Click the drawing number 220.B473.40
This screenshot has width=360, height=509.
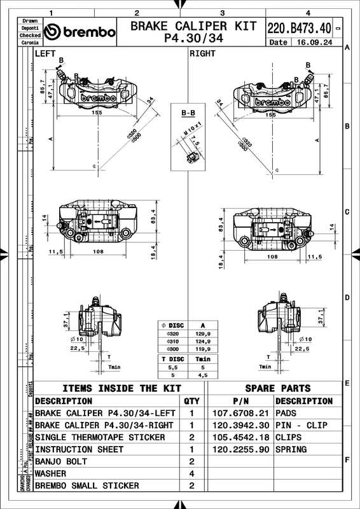tap(299, 28)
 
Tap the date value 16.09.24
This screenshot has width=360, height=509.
tap(311, 43)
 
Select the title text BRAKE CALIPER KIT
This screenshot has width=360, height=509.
tap(193, 26)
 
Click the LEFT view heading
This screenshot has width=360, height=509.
tap(45, 54)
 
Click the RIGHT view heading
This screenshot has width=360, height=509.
tap(203, 54)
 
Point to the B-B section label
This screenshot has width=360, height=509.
tap(188, 113)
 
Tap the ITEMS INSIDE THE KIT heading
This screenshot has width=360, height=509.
tap(118, 388)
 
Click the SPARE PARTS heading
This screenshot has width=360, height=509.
tap(277, 388)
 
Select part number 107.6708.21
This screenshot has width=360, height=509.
tap(240, 413)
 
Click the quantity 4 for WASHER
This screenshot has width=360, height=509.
tap(191, 473)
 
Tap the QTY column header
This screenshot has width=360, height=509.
tap(191, 401)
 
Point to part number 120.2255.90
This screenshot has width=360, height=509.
tap(240, 449)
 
